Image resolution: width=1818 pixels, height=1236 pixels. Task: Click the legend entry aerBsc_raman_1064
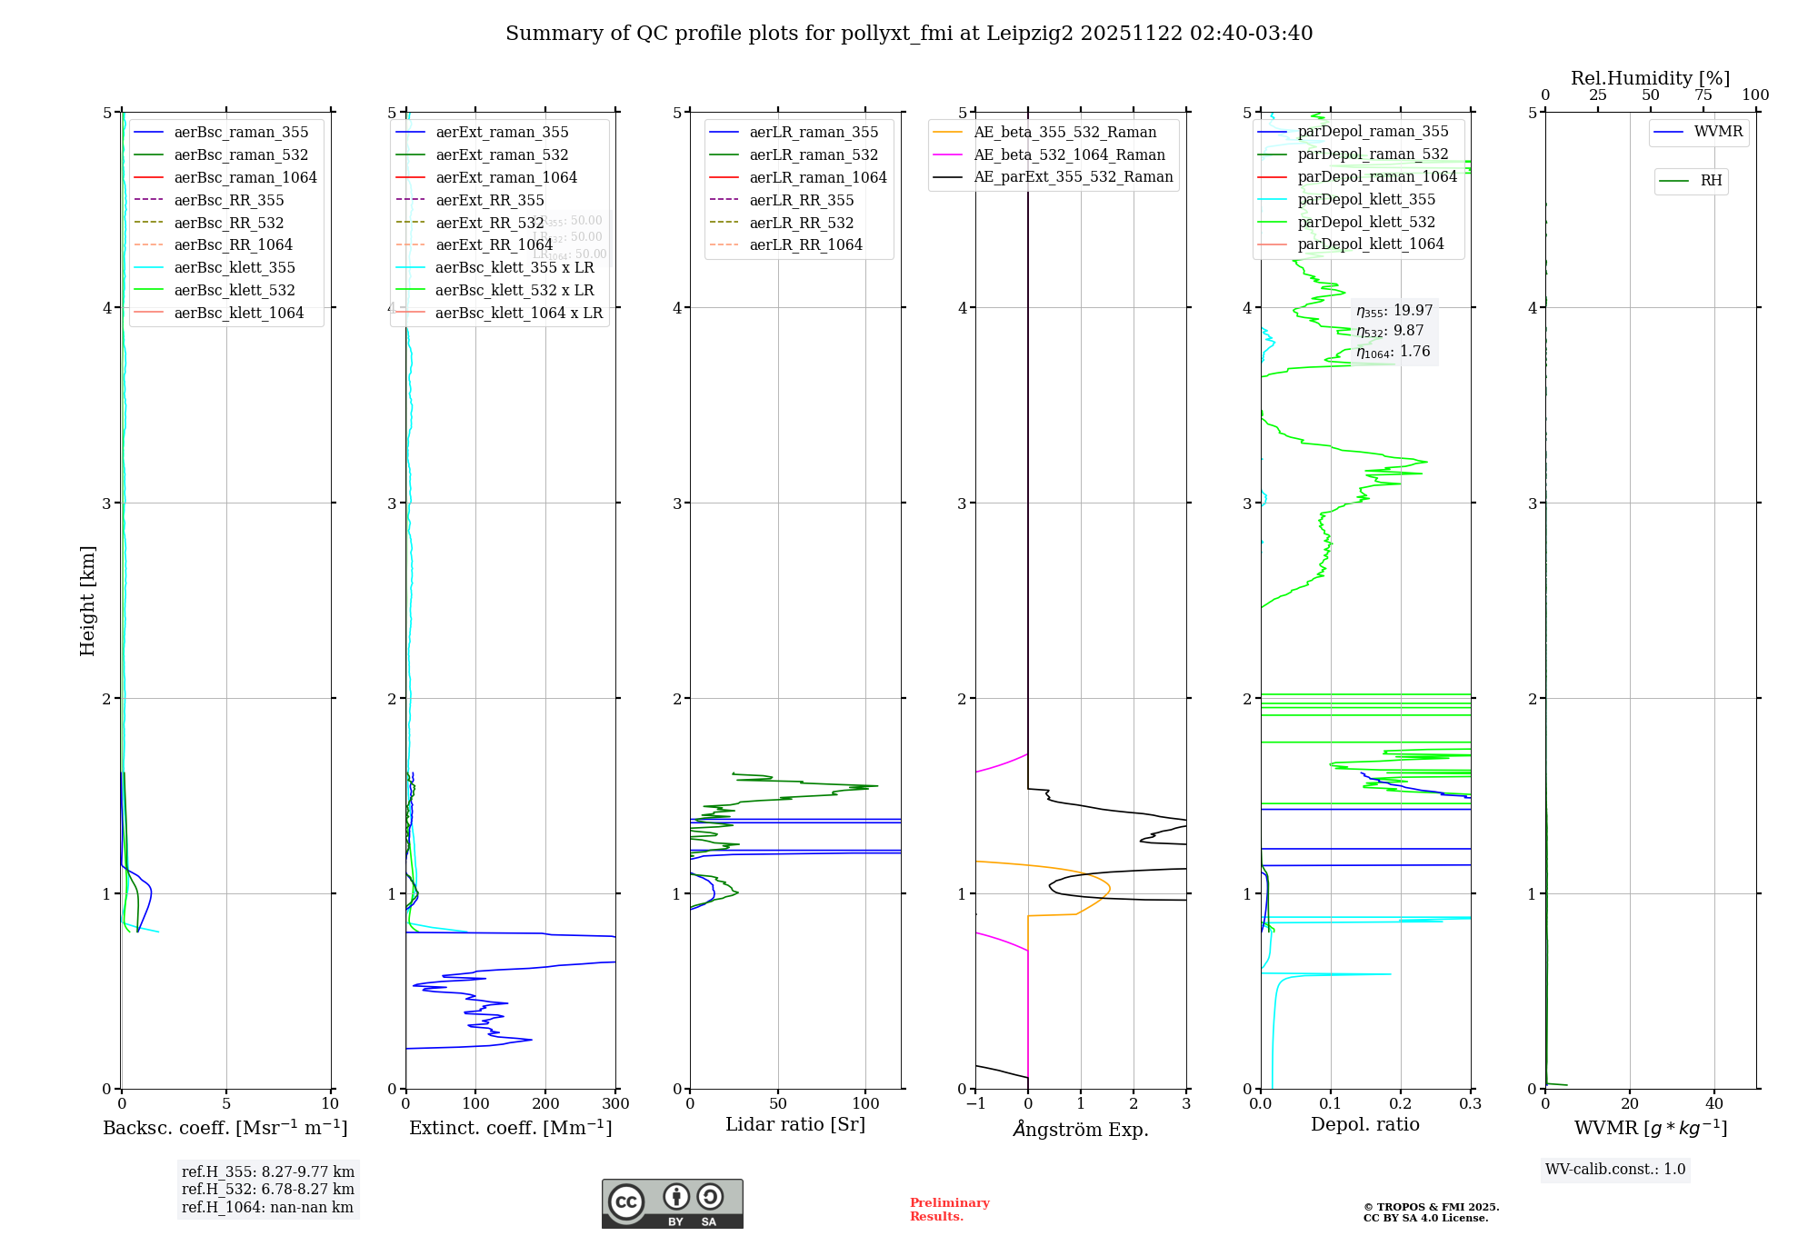245,177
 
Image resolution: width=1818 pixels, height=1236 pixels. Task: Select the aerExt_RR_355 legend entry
490,200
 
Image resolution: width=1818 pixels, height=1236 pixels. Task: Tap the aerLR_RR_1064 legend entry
805,244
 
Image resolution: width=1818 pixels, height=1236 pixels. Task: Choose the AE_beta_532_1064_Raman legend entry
1069,154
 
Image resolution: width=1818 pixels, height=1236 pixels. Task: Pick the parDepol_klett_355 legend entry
1366,199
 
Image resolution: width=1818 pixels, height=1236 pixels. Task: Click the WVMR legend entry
1718,132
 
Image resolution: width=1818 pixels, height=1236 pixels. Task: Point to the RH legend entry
1711,181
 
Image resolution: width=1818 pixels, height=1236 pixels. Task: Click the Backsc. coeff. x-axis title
225,1128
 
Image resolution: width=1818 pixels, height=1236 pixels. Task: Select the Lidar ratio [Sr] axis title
795,1124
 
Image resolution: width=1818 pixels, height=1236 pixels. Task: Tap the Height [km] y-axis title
87,601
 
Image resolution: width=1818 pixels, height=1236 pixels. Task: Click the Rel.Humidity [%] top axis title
1650,78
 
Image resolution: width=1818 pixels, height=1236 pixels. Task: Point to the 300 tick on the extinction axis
615,1104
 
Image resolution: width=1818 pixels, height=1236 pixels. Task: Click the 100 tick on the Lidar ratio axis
866,1104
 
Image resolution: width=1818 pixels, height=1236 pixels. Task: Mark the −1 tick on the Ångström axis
975,1104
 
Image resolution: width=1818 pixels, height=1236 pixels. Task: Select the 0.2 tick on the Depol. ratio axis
1401,1104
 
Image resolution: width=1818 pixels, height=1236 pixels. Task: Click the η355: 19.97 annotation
1393,311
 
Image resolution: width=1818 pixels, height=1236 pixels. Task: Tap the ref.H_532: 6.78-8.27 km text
267,1189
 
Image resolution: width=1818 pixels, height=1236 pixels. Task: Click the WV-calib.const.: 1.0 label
1615,1170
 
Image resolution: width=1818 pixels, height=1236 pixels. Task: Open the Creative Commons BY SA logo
672,1203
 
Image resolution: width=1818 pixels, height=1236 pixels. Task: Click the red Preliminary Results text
949,1210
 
